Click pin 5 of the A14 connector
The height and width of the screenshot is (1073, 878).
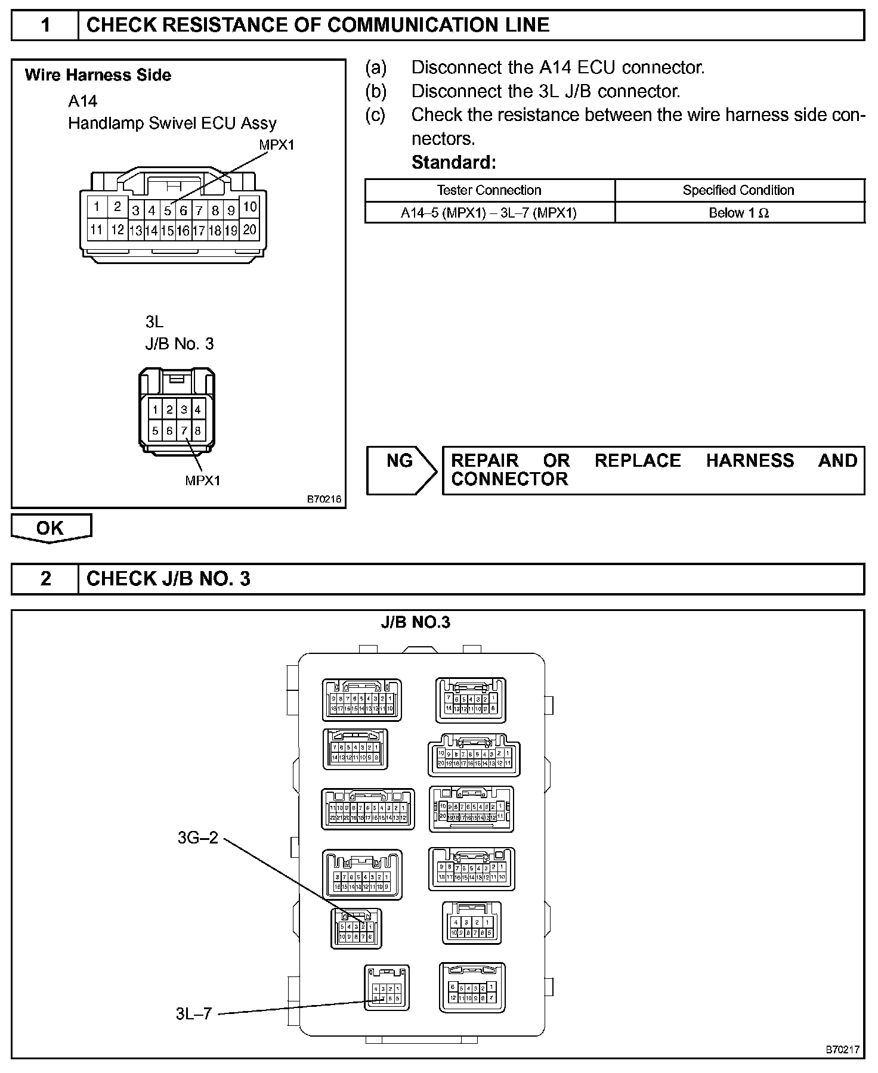click(x=168, y=210)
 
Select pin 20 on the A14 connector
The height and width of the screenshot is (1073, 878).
click(x=250, y=229)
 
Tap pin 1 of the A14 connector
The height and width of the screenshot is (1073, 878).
click(x=97, y=207)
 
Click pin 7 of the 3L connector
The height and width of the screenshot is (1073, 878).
click(x=184, y=430)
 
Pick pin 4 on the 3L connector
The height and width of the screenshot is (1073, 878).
click(x=198, y=410)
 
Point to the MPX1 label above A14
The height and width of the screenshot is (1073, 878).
click(x=276, y=145)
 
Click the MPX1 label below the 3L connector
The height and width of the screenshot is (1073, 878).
click(x=203, y=480)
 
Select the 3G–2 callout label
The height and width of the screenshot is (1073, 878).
click(x=198, y=838)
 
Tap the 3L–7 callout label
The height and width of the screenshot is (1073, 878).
click(x=194, y=1013)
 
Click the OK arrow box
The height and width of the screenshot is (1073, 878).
click(x=51, y=528)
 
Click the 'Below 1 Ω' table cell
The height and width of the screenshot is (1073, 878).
click(x=738, y=213)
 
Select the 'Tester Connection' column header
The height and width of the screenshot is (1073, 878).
click(x=489, y=190)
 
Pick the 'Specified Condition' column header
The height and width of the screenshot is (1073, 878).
click(x=738, y=190)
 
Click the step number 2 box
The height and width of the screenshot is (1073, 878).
click(x=45, y=579)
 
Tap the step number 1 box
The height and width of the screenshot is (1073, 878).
click(x=45, y=25)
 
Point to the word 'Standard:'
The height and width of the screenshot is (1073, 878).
click(x=454, y=162)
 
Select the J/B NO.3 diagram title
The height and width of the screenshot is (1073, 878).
click(x=416, y=622)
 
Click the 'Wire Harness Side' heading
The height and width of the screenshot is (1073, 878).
click(x=98, y=75)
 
